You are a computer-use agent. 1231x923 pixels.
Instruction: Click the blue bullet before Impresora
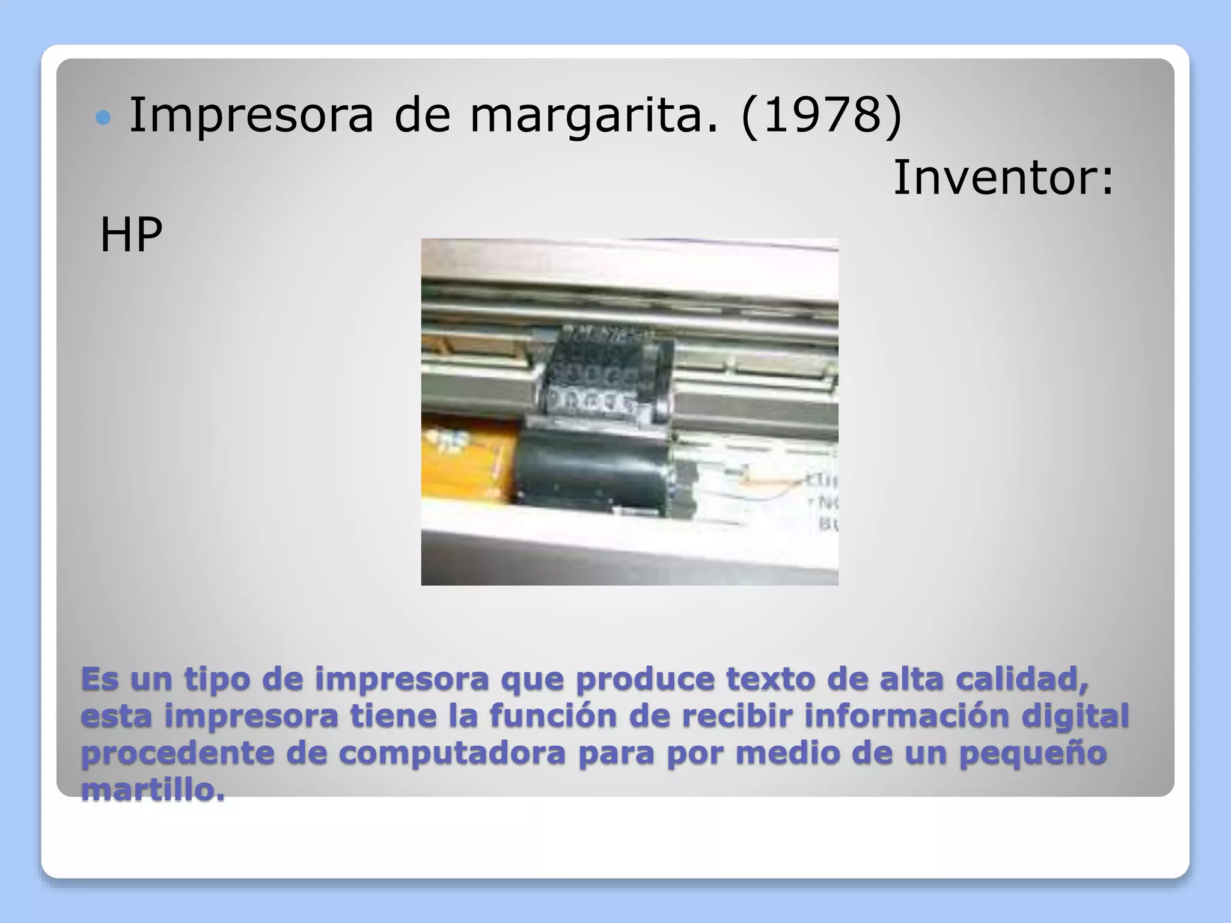click(103, 117)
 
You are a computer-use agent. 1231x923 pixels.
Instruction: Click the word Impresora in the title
click(251, 115)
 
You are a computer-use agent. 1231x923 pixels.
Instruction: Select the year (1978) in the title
click(822, 115)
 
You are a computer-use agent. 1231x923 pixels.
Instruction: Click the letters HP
click(131, 235)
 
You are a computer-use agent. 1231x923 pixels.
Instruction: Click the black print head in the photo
click(601, 421)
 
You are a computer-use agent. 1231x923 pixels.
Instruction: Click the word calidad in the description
click(1021, 679)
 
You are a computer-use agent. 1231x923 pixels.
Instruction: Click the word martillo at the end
click(153, 790)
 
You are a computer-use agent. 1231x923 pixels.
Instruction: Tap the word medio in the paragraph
click(788, 754)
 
